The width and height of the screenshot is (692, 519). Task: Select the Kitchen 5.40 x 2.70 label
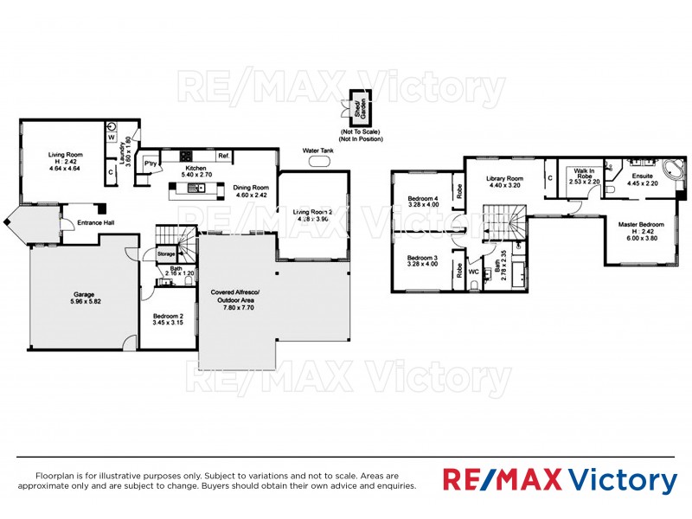pyautogui.click(x=194, y=170)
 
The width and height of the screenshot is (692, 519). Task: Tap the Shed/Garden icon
pyautogui.click(x=354, y=109)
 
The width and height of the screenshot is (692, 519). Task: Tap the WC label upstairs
pyautogui.click(x=473, y=271)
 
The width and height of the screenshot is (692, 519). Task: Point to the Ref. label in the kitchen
pyautogui.click(x=223, y=156)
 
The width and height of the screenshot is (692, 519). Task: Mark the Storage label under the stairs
pyautogui.click(x=166, y=254)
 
